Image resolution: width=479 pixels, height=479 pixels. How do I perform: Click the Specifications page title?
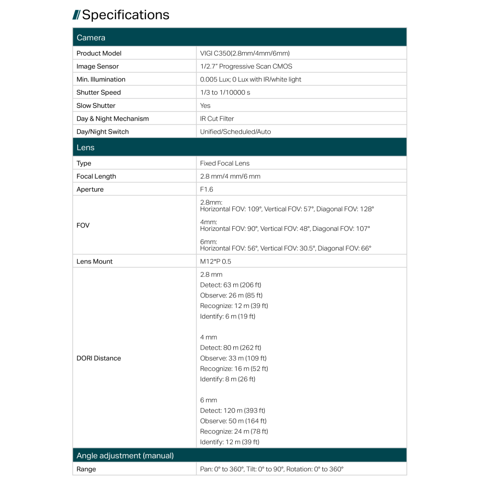(125, 15)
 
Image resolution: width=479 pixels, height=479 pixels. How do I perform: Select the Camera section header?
(91, 37)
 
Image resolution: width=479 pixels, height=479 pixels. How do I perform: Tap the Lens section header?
(86, 148)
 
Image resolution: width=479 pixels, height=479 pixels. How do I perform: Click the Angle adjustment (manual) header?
(125, 456)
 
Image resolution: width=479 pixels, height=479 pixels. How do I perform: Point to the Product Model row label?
(99, 53)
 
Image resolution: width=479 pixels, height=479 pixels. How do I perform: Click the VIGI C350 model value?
(245, 53)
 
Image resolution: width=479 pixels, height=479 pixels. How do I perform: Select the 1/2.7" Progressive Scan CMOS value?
(246, 67)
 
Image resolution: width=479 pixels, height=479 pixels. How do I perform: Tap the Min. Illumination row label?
(101, 80)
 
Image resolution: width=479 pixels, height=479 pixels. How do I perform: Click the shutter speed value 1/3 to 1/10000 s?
(225, 92)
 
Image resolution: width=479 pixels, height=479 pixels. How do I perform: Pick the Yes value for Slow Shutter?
(205, 106)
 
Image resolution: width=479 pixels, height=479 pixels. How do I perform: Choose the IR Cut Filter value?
(217, 119)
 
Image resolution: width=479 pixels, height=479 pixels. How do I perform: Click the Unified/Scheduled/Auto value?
(235, 132)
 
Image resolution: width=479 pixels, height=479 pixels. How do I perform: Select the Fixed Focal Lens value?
(225, 163)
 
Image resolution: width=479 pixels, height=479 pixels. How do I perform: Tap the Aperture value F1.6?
(206, 190)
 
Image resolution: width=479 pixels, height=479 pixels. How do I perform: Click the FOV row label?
(83, 225)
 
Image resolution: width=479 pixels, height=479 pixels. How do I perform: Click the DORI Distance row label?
(99, 358)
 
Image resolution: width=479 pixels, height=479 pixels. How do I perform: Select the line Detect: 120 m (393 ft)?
(232, 411)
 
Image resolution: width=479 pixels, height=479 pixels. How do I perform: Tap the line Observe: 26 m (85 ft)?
(231, 296)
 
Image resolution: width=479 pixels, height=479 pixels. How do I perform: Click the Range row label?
(86, 469)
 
